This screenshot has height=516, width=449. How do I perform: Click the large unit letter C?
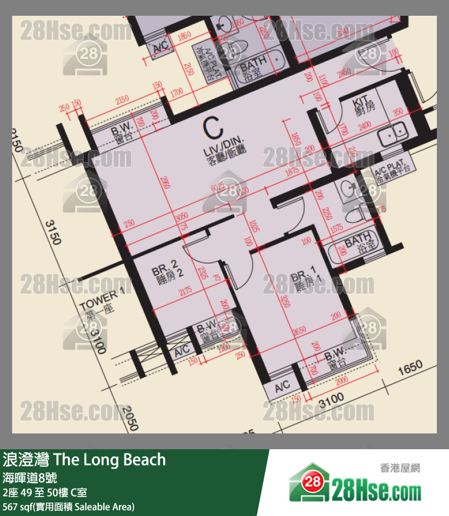(212, 129)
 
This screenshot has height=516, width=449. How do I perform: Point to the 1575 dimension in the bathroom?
(337, 229)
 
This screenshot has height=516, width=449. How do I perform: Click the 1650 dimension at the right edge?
(410, 368)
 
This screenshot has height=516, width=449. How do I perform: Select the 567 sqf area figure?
(19, 507)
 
